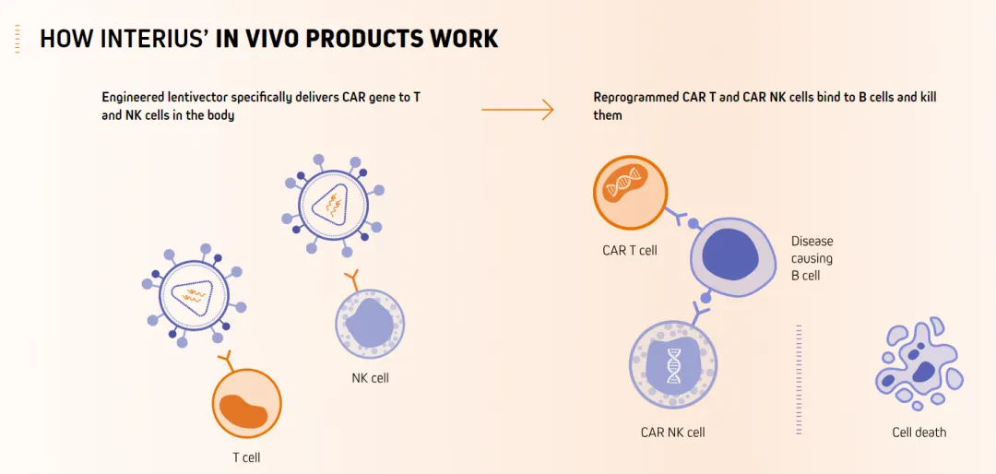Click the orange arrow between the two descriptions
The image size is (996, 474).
click(x=517, y=111)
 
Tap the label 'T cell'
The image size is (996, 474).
click(x=246, y=456)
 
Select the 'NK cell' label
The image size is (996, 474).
click(x=370, y=378)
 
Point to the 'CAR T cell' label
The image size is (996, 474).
click(x=629, y=250)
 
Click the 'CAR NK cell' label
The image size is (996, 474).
click(x=672, y=433)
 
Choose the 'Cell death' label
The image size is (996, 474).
click(x=919, y=433)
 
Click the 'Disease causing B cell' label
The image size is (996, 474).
click(x=812, y=258)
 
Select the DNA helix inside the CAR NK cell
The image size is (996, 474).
click(x=673, y=362)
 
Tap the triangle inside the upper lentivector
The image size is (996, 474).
click(x=329, y=208)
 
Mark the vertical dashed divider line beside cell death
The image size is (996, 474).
click(x=799, y=378)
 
